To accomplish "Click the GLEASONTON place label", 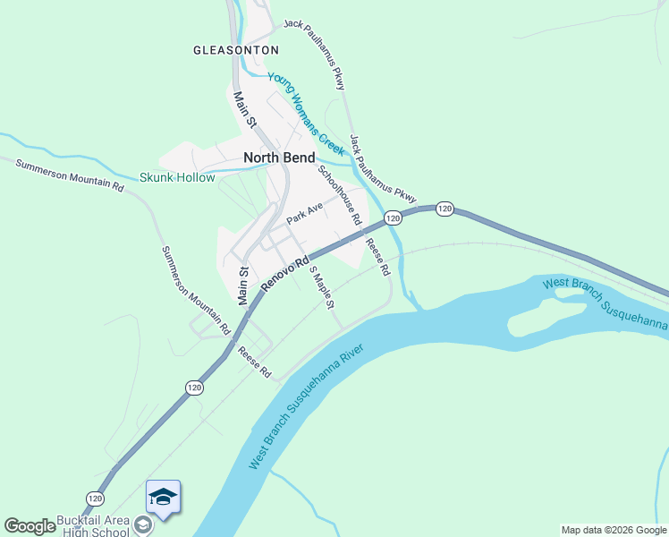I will pos(236,50).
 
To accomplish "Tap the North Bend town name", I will pos(279,158).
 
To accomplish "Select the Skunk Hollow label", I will pos(177,177).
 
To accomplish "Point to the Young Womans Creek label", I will pos(305,112).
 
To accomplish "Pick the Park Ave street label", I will pos(304,213).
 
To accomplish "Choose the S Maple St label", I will pos(322,286).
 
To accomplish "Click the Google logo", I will pos(30,526).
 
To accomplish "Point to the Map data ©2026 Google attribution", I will pos(614,530).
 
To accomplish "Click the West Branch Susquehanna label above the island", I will pos(605,303).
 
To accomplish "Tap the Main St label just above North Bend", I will pos(245,110).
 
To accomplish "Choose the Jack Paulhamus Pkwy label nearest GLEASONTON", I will pos(315,53).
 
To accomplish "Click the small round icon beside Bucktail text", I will pos(141,522).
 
